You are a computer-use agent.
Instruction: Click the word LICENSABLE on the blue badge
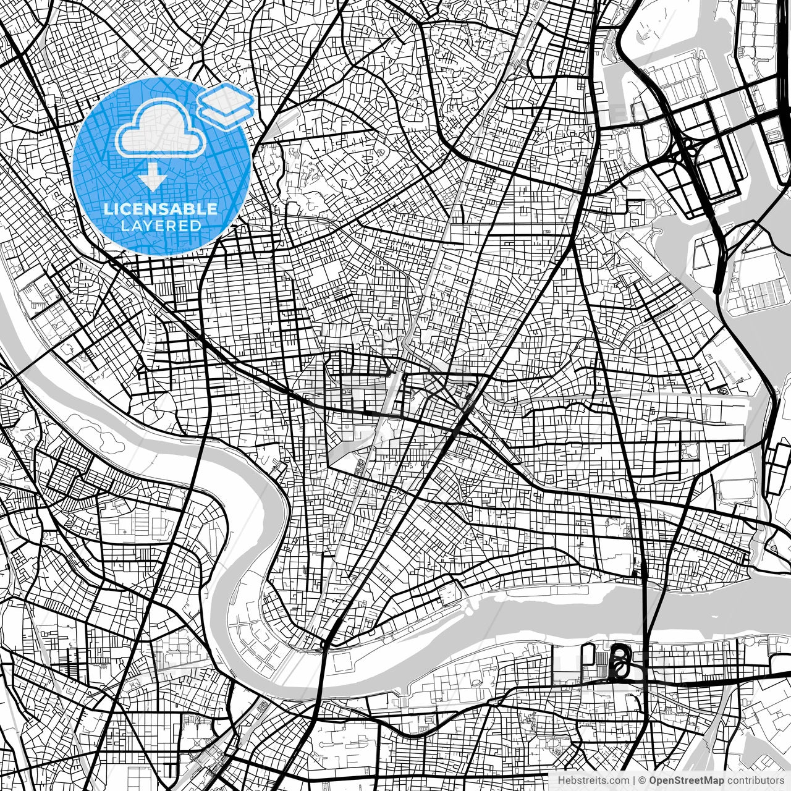pyautogui.click(x=161, y=209)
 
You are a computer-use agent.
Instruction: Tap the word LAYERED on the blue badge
pyautogui.click(x=161, y=226)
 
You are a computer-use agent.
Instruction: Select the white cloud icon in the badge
pyautogui.click(x=161, y=128)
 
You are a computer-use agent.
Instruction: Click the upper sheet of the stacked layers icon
pyautogui.click(x=226, y=97)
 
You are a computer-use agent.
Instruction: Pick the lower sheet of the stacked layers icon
pyautogui.click(x=226, y=113)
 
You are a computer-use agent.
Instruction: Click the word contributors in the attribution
pyautogui.click(x=750, y=780)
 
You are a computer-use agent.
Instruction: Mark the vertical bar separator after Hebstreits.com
pyautogui.click(x=634, y=780)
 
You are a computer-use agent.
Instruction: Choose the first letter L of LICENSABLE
pyautogui.click(x=107, y=209)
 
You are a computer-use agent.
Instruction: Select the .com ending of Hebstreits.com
pyautogui.click(x=619, y=780)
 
